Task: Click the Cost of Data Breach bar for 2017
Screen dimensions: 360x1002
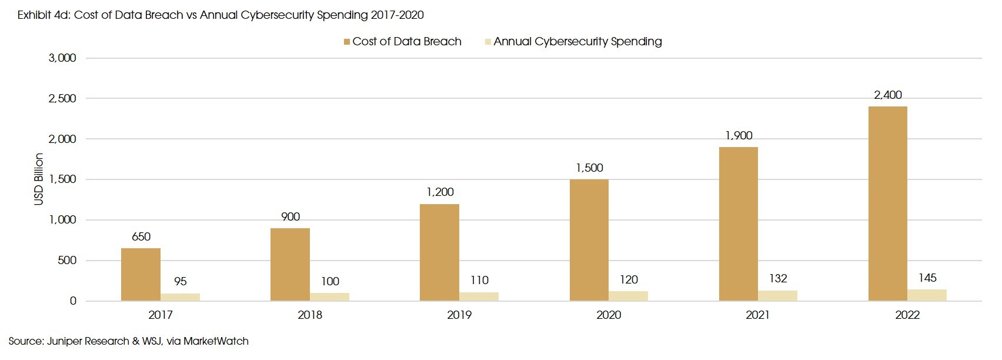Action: [x=141, y=275]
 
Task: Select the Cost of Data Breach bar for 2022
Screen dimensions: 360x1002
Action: [x=887, y=204]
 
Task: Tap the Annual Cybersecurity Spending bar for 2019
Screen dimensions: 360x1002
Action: [x=479, y=296]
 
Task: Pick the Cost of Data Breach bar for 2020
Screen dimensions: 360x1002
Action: [x=589, y=240]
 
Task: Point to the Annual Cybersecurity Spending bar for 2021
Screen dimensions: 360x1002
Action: [x=777, y=295]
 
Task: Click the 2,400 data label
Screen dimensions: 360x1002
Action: [x=887, y=95]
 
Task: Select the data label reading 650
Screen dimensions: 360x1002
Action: [x=141, y=236]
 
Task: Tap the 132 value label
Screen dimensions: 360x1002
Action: [x=778, y=278]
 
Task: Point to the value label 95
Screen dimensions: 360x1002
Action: [x=181, y=281]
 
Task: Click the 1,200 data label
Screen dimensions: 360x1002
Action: [x=440, y=192]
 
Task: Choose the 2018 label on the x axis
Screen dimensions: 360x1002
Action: [x=310, y=315]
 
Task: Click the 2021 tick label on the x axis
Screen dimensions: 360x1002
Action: [x=757, y=315]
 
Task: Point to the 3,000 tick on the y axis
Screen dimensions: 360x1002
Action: [x=62, y=58]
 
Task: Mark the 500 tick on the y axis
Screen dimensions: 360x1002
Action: [x=67, y=260]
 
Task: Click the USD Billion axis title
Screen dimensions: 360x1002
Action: [x=39, y=179]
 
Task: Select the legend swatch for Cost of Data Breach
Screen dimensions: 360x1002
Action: [x=347, y=42]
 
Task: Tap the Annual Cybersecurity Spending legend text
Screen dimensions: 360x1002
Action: [x=577, y=41]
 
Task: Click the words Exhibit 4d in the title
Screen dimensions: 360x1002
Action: [x=42, y=15]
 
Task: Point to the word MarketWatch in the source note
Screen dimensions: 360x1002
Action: [x=216, y=341]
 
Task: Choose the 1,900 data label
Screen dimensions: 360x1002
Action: [x=739, y=136]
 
